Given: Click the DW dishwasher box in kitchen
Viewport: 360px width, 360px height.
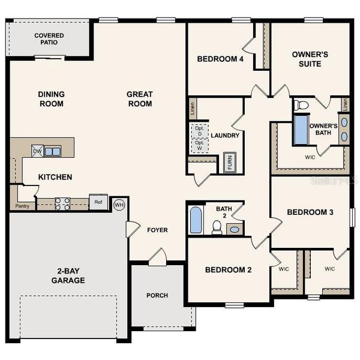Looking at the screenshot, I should click(x=37, y=151).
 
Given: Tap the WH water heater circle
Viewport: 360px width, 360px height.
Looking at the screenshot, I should click(x=119, y=205).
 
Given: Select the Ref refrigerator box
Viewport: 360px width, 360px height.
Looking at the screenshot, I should click(x=98, y=202).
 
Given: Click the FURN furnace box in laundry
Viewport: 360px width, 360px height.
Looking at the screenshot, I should click(x=229, y=163).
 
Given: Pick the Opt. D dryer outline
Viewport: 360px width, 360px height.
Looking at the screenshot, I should click(x=199, y=130).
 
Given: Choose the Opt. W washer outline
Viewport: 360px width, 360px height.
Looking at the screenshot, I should click(x=199, y=146).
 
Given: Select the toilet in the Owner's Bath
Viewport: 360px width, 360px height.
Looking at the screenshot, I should click(x=301, y=105).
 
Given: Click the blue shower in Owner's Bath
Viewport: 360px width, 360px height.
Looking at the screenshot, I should click(x=301, y=130).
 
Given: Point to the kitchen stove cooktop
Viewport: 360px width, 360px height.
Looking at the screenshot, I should click(x=62, y=203).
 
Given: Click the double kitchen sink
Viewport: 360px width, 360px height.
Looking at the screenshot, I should click(x=52, y=151).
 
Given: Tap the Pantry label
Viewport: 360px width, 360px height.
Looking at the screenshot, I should click(x=22, y=205).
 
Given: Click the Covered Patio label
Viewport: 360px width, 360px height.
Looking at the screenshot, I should click(x=49, y=40).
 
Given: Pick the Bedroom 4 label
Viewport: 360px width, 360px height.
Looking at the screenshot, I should click(x=220, y=59).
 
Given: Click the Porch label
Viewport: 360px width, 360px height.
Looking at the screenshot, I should click(x=157, y=295).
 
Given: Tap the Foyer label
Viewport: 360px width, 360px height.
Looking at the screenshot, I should click(x=157, y=230).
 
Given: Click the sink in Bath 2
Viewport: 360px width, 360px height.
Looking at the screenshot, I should click(x=234, y=229).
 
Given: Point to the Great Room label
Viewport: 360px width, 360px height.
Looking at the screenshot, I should click(x=139, y=99).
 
